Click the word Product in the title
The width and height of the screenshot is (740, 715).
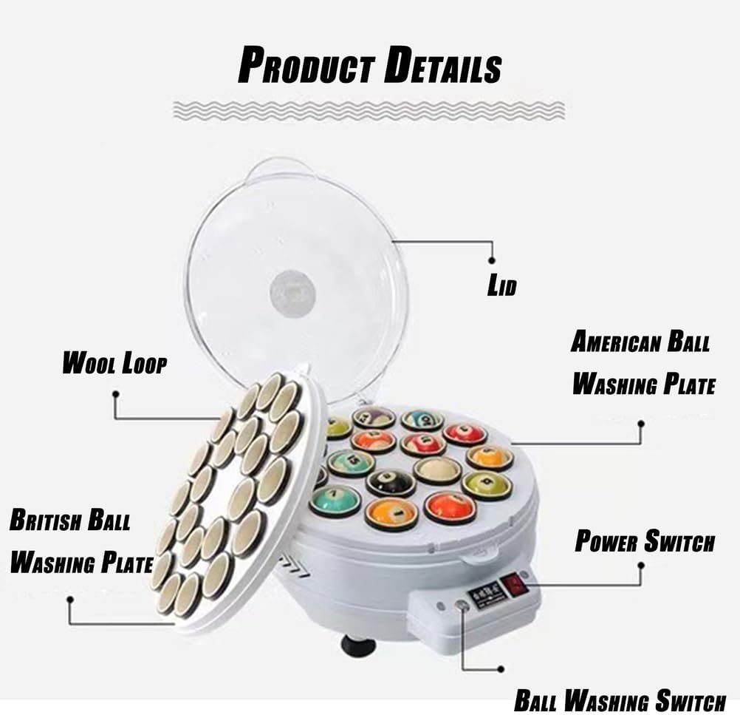point(306,66)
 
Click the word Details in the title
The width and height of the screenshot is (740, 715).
point(442,66)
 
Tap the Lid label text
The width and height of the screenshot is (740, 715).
point(501,286)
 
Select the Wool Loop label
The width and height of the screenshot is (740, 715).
point(114,363)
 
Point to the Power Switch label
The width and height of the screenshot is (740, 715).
point(645,541)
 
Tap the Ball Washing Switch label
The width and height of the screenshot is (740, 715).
point(620,700)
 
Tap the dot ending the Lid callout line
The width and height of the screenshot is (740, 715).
point(492,260)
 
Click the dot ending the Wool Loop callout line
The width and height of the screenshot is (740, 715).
point(116,393)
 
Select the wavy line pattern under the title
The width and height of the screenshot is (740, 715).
point(369,110)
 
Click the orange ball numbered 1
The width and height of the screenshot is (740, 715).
point(391,512)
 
